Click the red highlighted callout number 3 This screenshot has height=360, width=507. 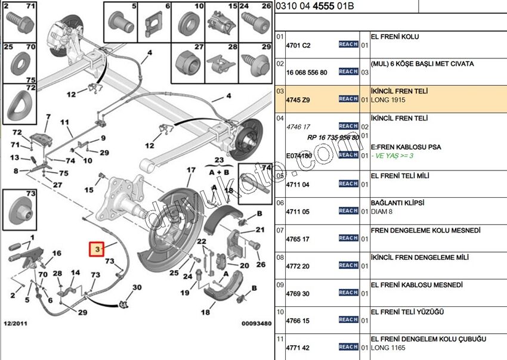click(x=96, y=249)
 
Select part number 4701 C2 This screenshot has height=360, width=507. click(x=298, y=45)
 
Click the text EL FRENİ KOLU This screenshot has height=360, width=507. click(x=395, y=37)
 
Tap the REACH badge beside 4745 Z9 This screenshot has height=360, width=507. click(x=348, y=99)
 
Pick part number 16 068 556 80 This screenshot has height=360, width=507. click(x=307, y=73)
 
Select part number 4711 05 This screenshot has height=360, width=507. click(x=298, y=211)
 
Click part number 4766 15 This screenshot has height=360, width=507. click(x=298, y=321)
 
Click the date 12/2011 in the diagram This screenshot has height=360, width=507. click(x=15, y=324)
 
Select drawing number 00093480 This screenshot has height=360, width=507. click(x=256, y=324)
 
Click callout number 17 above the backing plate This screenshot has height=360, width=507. click(x=191, y=170)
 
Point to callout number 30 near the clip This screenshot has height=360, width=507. click(x=137, y=288)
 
